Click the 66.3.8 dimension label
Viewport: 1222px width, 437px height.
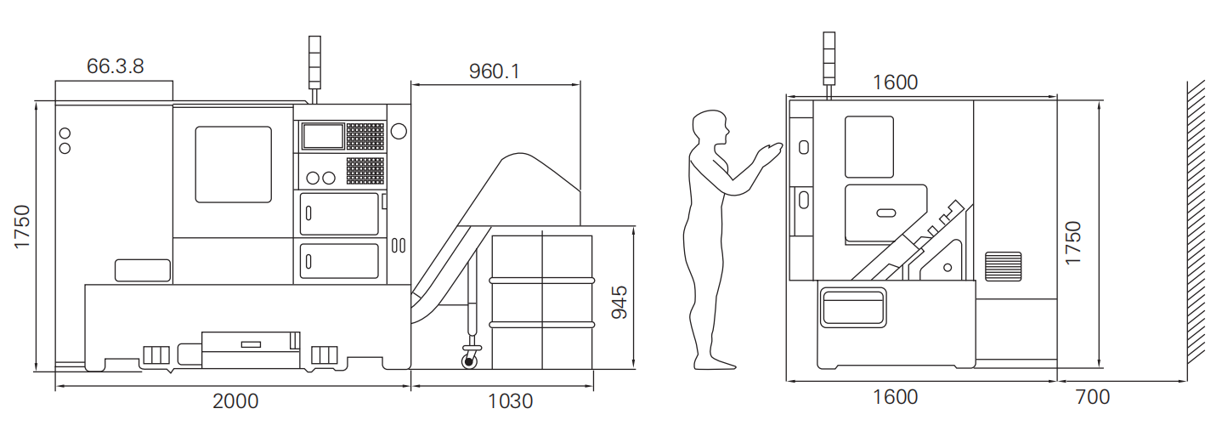click(x=115, y=66)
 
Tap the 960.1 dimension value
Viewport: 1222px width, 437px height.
click(x=495, y=71)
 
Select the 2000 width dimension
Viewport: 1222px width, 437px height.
click(x=235, y=401)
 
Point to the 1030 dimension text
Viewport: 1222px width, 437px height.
click(x=510, y=401)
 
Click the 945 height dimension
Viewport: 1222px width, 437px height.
click(x=619, y=303)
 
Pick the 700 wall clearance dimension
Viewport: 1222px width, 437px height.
click(x=1092, y=397)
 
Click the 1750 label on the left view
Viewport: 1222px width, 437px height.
click(x=22, y=227)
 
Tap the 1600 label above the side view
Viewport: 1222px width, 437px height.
click(x=895, y=82)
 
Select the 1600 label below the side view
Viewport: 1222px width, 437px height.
click(x=895, y=397)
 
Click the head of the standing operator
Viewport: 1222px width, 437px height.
click(x=710, y=128)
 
